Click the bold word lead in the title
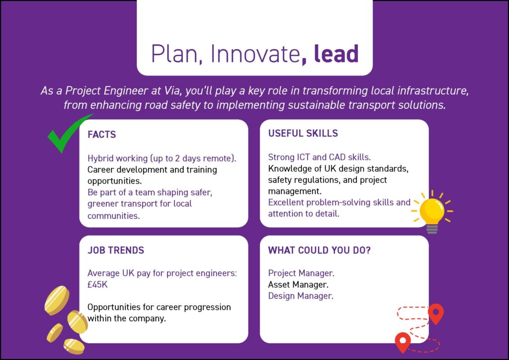coord(337,54)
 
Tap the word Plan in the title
coord(174,54)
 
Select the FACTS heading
coord(101,134)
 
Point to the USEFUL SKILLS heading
coord(303,133)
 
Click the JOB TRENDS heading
coord(115,250)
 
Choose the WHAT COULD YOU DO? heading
coord(319,250)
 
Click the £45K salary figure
coord(97,285)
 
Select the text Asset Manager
coord(298,285)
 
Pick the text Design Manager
coord(301,296)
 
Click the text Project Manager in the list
coord(301,273)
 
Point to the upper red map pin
coord(436,313)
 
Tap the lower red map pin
coord(403,342)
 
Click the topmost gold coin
coord(57,300)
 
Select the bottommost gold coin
coord(74,346)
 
